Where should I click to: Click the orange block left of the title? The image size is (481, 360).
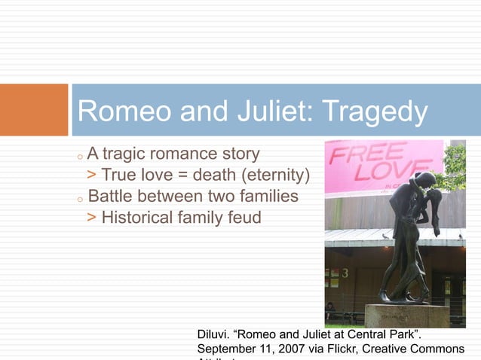34,110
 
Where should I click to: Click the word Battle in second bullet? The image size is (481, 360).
111,197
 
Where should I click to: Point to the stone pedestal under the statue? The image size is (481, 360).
407,315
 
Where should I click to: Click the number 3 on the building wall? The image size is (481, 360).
345,273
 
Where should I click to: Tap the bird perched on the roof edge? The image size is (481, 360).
385,236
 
